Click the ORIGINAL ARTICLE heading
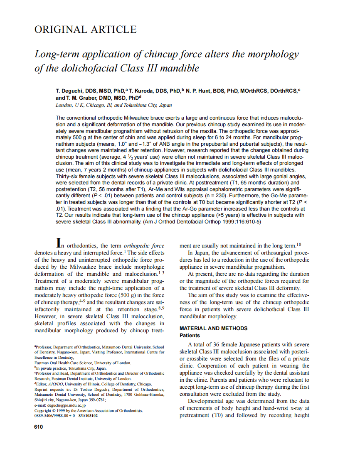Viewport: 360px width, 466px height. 85,29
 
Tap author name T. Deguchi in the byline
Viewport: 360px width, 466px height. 70,91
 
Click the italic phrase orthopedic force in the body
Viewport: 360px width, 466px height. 144,245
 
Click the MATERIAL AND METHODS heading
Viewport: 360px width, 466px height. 213,328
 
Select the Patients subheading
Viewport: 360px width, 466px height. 190,335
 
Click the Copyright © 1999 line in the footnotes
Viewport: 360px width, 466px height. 88,410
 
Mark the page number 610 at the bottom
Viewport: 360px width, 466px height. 39,427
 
